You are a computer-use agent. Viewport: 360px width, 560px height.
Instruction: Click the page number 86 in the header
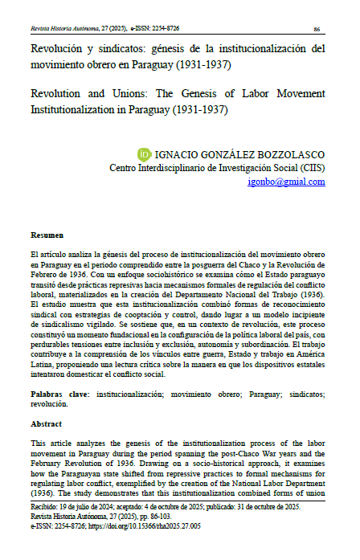[x=317, y=28]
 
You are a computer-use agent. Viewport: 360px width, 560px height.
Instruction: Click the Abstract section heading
[x=46, y=423]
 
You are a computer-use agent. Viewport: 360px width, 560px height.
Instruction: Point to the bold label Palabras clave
[x=61, y=395]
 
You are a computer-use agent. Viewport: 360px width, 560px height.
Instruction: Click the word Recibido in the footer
[x=47, y=508]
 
